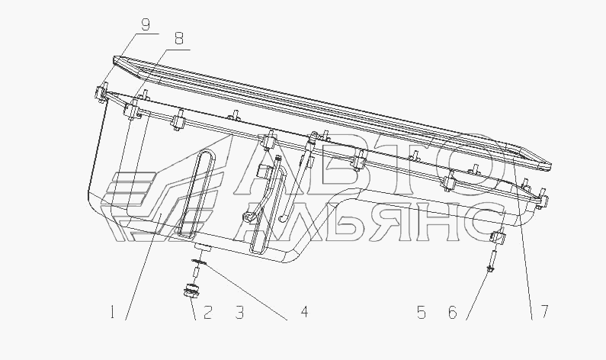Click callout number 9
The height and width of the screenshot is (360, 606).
pyautogui.click(x=145, y=24)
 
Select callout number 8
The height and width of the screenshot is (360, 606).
pyautogui.click(x=179, y=38)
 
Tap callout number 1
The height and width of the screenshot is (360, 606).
pyautogui.click(x=112, y=312)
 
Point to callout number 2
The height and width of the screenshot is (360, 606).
pyautogui.click(x=207, y=312)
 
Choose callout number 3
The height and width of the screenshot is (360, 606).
pyautogui.click(x=239, y=312)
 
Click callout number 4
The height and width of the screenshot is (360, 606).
pyautogui.click(x=305, y=312)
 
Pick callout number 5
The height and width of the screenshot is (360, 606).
pyautogui.click(x=422, y=312)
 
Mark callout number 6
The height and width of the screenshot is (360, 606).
pyautogui.click(x=453, y=312)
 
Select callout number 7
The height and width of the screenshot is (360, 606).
pyautogui.click(x=544, y=312)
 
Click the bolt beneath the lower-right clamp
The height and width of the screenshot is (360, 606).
pyautogui.click(x=492, y=261)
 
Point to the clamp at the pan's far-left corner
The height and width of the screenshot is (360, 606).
pyautogui.click(x=100, y=94)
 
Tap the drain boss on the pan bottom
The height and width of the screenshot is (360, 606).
pyautogui.click(x=201, y=247)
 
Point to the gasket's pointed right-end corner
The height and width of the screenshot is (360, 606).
pyautogui.click(x=551, y=166)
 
